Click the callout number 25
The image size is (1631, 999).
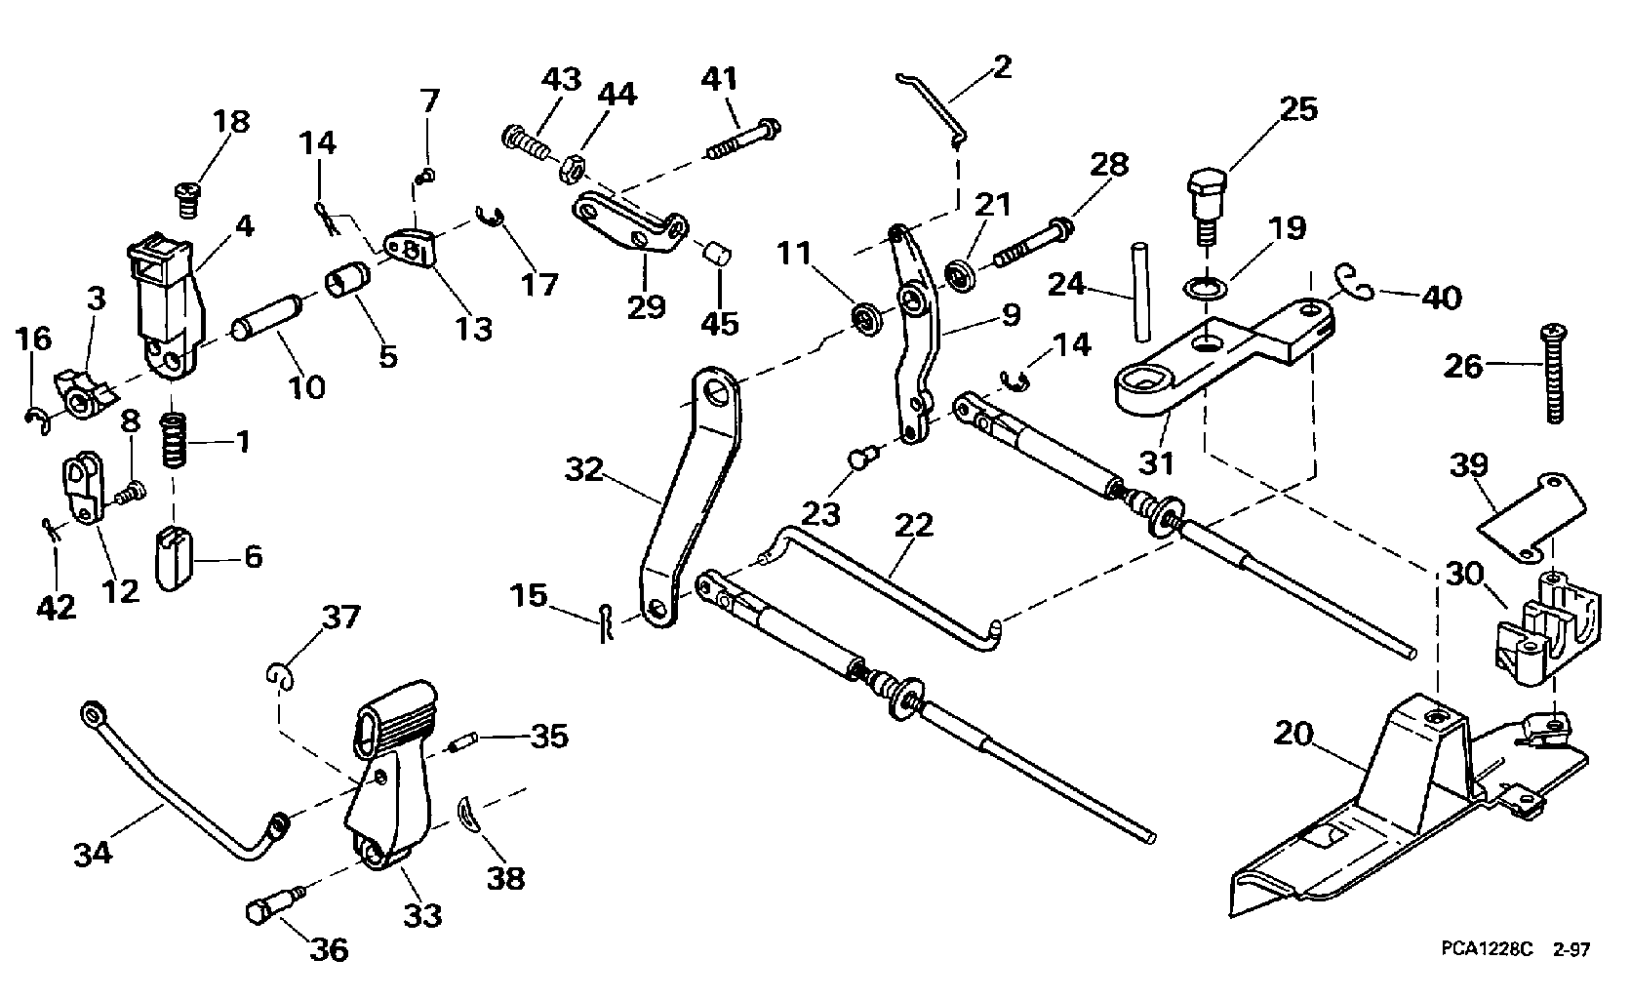[1297, 109]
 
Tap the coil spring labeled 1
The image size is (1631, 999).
[174, 441]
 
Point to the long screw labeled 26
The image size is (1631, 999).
[1550, 375]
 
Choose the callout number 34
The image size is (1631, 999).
[93, 854]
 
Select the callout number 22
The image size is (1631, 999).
[914, 525]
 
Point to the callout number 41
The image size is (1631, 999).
[721, 79]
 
